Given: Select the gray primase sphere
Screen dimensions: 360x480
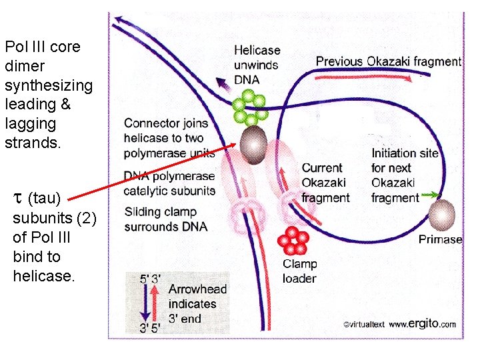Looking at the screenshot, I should click(441, 216).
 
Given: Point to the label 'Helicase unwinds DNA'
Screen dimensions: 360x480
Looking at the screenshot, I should click(257, 65).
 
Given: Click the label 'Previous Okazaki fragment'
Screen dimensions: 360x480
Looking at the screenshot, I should click(388, 61).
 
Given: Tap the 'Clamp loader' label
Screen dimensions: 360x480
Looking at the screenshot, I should click(299, 271).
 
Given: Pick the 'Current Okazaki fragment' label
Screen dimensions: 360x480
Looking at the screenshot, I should click(325, 183).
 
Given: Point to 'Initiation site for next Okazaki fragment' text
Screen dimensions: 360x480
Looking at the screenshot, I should click(404, 175).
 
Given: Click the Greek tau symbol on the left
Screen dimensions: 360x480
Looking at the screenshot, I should click(17, 198).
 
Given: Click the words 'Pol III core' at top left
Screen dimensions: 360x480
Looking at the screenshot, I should click(42, 47).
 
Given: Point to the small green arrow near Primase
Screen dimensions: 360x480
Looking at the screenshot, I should click(431, 196).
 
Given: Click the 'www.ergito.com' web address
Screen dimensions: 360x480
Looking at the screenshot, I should click(423, 325).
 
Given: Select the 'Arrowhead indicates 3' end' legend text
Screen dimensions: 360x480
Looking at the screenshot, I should click(197, 303).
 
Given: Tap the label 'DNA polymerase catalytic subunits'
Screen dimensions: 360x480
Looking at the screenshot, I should click(169, 183).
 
